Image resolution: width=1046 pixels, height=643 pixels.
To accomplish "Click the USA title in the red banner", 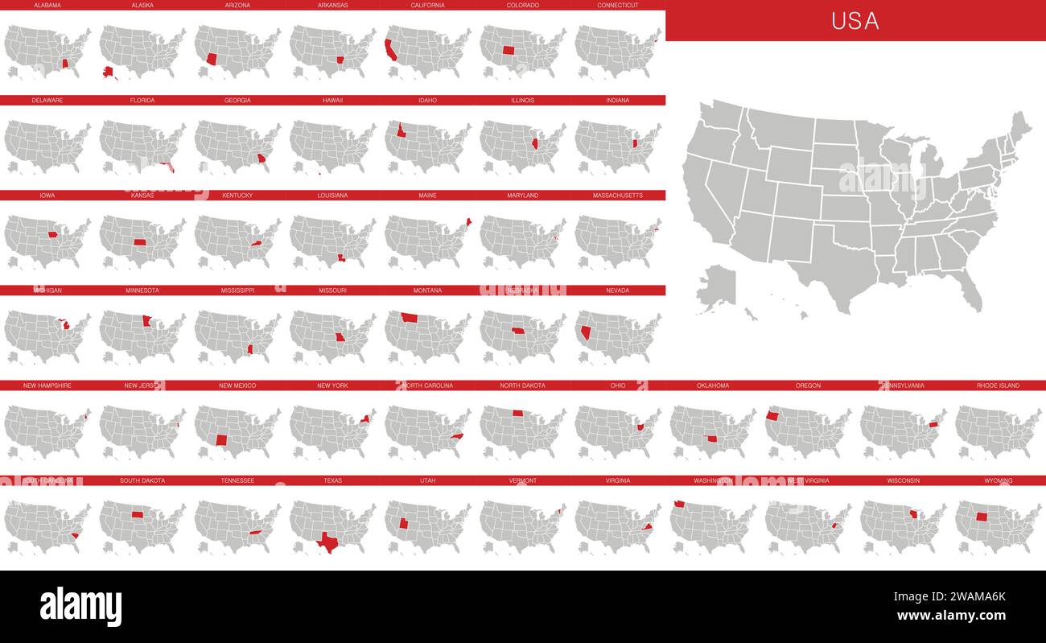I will coord(855,21).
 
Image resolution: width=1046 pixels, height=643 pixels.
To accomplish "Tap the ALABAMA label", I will coord(47,5).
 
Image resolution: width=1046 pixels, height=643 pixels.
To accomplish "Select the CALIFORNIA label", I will coord(427,5).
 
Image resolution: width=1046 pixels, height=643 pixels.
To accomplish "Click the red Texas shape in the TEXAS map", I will coord(327,541).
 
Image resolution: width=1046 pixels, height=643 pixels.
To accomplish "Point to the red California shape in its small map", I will coord(390,50).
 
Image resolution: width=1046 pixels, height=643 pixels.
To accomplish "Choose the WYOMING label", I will coord(999,480).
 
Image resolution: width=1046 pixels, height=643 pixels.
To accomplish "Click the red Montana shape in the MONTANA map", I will coord(410,317).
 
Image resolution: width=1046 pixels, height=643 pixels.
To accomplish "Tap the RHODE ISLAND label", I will coord(998,385).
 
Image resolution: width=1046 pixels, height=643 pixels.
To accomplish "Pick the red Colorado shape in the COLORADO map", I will coord(509,50).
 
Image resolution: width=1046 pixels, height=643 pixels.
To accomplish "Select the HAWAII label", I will coord(332,101).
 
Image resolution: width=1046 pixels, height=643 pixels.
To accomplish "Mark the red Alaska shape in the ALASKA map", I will coord(109,73).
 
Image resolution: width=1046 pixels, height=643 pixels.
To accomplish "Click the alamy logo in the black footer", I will coord(80,606).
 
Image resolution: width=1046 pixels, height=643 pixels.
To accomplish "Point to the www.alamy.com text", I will coord(951,616).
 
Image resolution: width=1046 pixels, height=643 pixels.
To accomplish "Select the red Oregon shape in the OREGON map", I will coord(772,416).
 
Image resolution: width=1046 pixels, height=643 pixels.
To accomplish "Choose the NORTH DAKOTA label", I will coord(522,385).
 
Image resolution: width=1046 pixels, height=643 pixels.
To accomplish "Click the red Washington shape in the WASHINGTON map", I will coord(679,505).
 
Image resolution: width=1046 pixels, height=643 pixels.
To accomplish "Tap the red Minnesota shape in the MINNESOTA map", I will coord(146,320).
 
